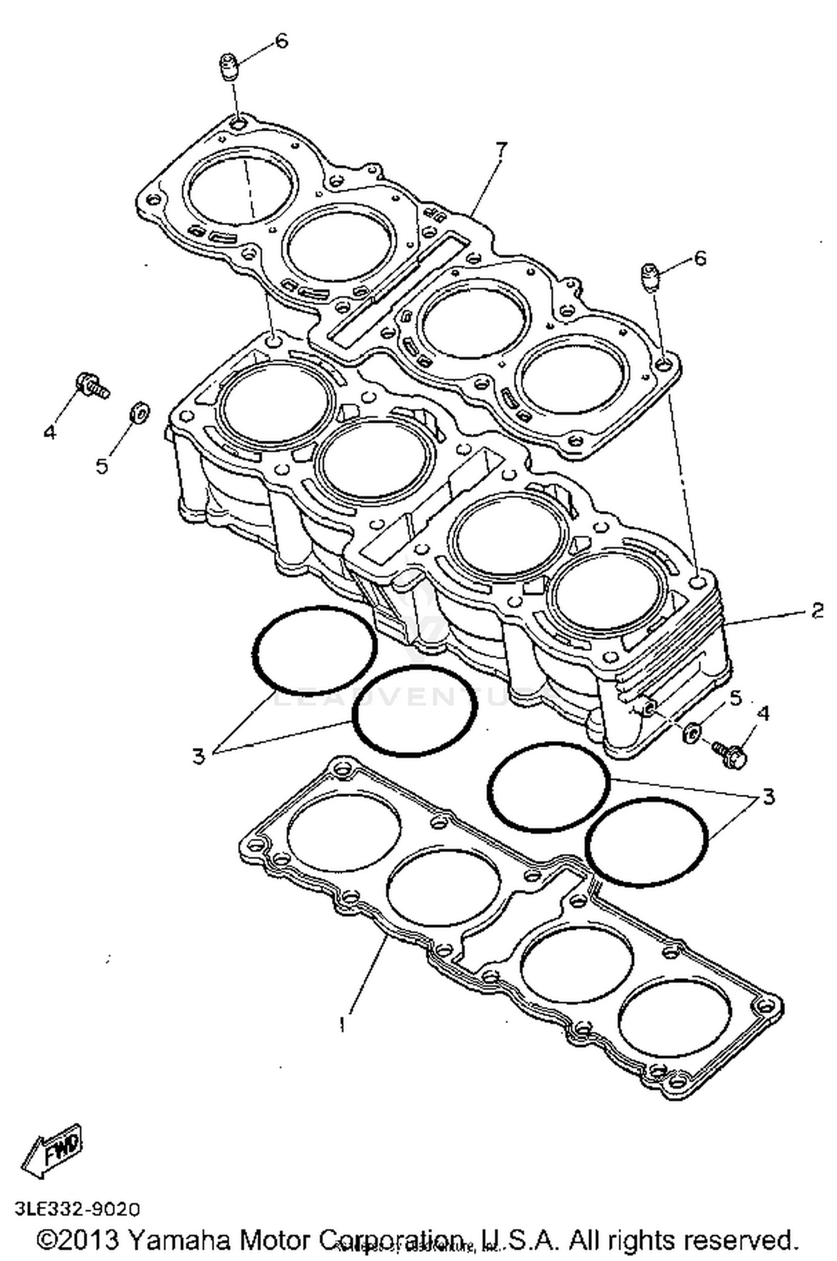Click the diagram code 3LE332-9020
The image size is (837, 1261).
[x=78, y=1209]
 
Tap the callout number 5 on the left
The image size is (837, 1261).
[x=102, y=465]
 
